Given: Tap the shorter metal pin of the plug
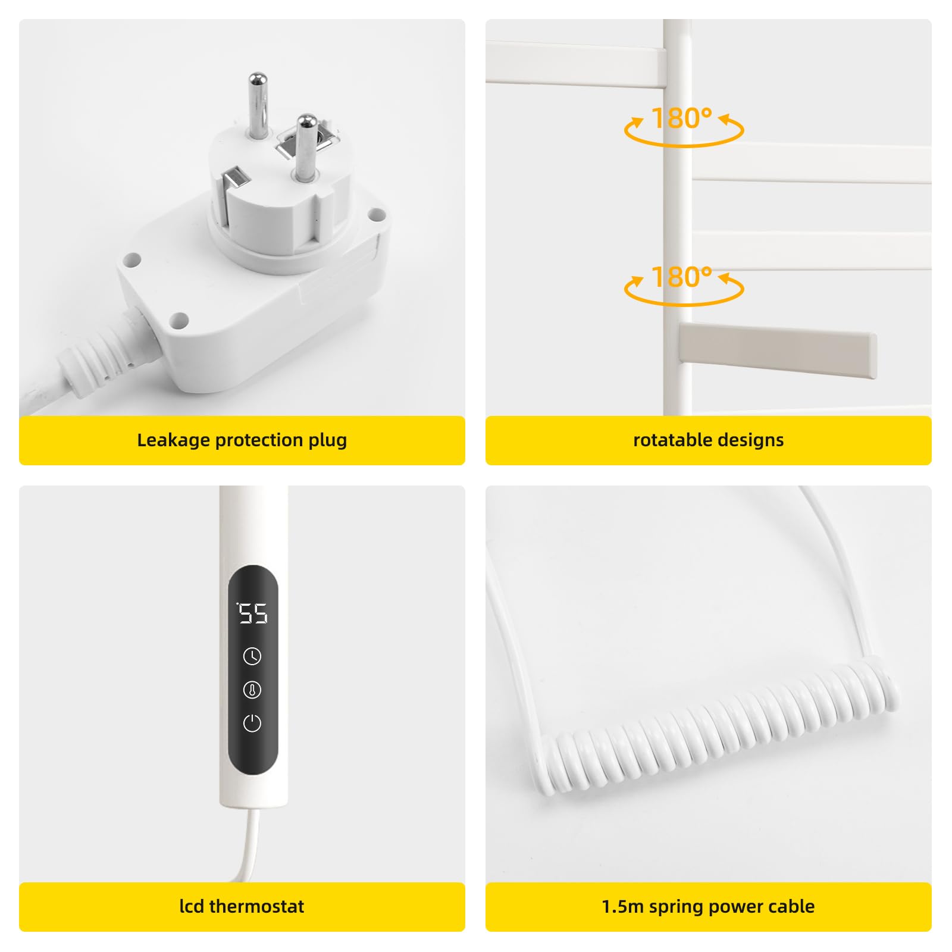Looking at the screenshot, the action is tap(305, 148).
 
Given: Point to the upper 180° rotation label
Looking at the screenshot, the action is tap(682, 118).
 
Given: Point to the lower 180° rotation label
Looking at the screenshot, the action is tap(682, 277).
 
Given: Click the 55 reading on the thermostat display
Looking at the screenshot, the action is tap(253, 613).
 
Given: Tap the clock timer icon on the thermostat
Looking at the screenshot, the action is tap(252, 656).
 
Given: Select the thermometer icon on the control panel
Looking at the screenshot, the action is tap(252, 690).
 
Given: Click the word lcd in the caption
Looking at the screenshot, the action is tap(192, 906).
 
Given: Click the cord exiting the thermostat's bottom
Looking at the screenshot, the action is tap(248, 845).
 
